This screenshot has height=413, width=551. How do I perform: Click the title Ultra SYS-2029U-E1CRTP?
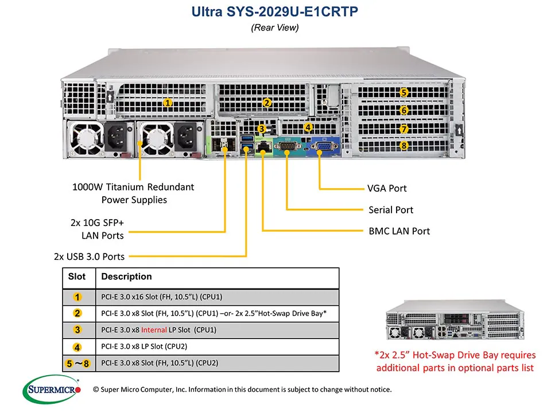(x=275, y=11)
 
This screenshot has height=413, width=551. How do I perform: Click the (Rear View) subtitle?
(x=275, y=27)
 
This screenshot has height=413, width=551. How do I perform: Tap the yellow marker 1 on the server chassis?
(x=168, y=103)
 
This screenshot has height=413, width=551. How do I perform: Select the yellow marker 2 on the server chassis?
(x=266, y=103)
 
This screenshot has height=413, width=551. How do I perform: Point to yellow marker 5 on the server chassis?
(x=404, y=92)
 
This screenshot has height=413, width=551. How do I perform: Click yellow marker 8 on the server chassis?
(x=404, y=146)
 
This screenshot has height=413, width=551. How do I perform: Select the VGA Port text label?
(x=387, y=188)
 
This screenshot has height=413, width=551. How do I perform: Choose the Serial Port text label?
(x=390, y=210)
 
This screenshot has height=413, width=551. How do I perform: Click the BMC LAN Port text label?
(x=398, y=231)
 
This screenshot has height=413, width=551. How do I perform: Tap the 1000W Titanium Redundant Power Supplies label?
(x=134, y=193)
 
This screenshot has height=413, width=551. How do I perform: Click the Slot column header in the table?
(x=77, y=276)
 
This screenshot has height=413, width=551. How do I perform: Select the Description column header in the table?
(x=126, y=276)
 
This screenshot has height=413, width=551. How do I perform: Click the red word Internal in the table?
(x=154, y=330)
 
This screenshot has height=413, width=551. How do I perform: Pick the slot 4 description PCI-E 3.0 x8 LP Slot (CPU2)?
(x=144, y=346)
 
